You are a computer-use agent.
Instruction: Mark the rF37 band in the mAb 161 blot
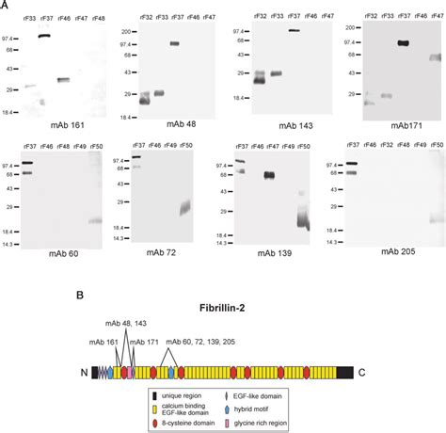44,37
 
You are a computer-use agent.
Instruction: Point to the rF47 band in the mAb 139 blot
269,175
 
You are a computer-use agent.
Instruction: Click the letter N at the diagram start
84,373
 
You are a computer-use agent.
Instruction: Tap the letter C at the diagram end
360,373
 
